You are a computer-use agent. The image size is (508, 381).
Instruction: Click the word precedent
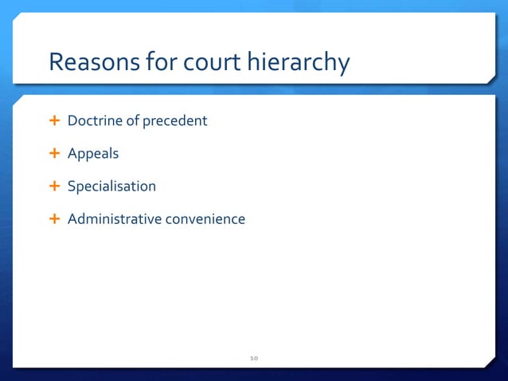coord(174,121)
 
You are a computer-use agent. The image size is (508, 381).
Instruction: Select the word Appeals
coord(92,154)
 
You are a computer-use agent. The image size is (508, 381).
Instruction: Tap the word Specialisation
coord(111,187)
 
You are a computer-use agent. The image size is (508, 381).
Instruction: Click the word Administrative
coord(115,218)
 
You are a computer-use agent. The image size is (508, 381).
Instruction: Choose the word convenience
coord(205,218)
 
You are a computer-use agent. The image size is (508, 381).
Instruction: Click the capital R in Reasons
coord(56,62)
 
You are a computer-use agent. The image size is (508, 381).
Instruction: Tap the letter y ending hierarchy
coord(342,65)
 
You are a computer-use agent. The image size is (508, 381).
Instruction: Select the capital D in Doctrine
coord(72,121)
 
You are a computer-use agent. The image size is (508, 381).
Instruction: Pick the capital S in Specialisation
coord(71,187)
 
